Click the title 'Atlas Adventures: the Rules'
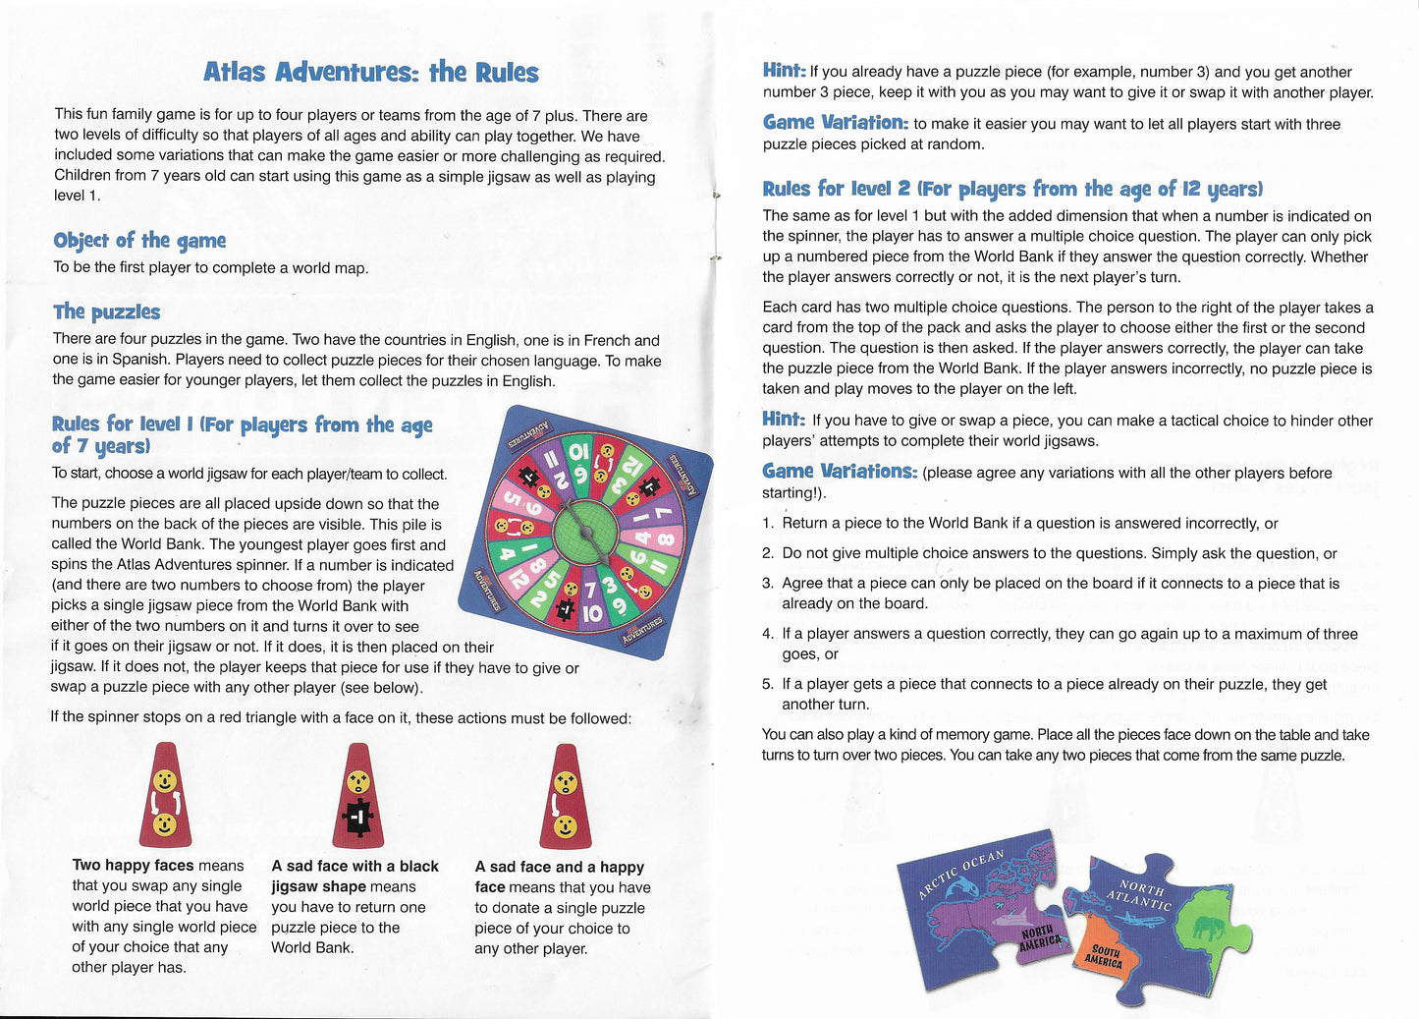point(370,72)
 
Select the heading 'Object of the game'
point(139,241)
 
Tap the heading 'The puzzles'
point(106,311)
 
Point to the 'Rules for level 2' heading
point(1011,189)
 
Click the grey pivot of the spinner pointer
point(586,531)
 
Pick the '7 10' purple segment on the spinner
point(591,602)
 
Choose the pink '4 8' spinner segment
point(653,538)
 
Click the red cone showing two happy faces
point(165,796)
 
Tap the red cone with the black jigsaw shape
point(358,796)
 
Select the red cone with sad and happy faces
point(565,796)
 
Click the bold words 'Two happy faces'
point(133,866)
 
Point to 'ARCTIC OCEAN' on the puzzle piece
point(960,874)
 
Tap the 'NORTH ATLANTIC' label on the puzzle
point(1140,895)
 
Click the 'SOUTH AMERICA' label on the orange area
point(1104,957)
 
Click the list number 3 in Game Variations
point(768,584)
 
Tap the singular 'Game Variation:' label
point(835,123)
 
